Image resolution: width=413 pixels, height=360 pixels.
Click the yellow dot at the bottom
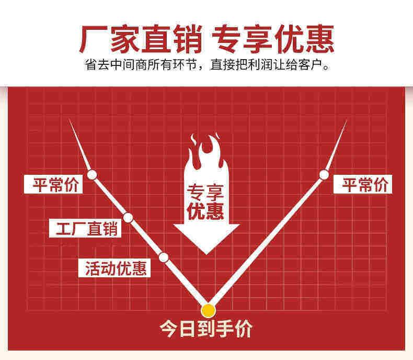click(209, 310)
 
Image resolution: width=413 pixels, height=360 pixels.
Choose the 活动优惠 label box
click(117, 268)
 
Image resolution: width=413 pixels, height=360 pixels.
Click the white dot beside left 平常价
click(93, 174)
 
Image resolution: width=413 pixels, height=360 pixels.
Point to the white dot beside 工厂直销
click(128, 217)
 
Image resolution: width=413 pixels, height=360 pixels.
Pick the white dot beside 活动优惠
click(163, 257)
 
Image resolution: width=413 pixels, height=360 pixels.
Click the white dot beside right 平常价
click(324, 174)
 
